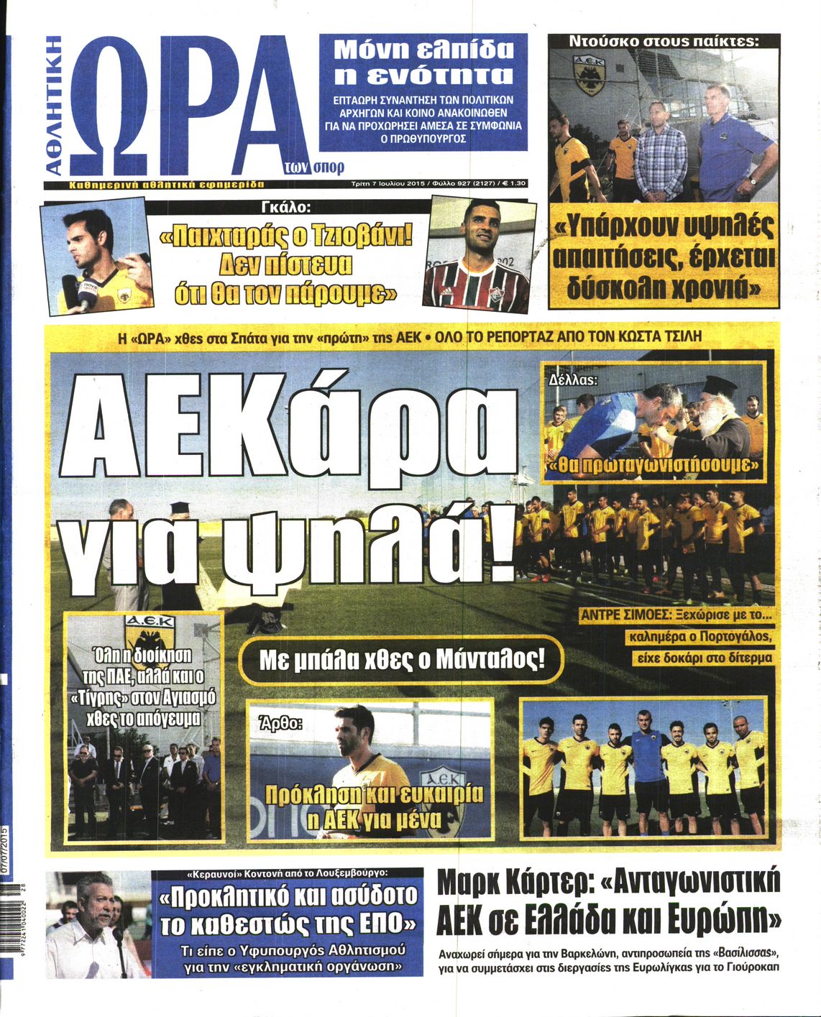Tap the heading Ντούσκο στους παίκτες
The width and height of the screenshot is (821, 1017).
click(x=663, y=42)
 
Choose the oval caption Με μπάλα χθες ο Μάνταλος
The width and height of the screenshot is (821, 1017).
click(x=401, y=659)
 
